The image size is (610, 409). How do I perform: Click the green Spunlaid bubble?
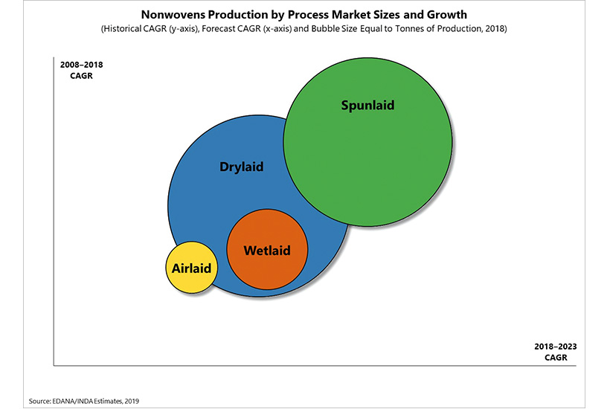(x=367, y=142)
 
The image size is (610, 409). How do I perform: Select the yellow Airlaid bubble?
(x=191, y=268)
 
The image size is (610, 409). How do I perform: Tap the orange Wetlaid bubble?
(x=267, y=249)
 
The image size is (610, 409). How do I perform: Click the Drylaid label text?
(x=242, y=167)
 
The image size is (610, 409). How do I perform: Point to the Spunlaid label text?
(x=367, y=106)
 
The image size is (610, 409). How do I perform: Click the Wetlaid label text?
(x=267, y=251)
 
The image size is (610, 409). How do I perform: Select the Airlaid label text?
(x=191, y=268)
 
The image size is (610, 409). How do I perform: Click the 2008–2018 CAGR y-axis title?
(x=81, y=70)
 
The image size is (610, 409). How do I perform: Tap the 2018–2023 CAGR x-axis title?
(x=556, y=352)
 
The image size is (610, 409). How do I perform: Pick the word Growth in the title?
(x=447, y=15)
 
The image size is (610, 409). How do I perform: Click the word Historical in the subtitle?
(x=122, y=29)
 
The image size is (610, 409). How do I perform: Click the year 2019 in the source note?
(x=132, y=402)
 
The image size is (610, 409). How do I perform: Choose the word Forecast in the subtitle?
(x=217, y=29)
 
